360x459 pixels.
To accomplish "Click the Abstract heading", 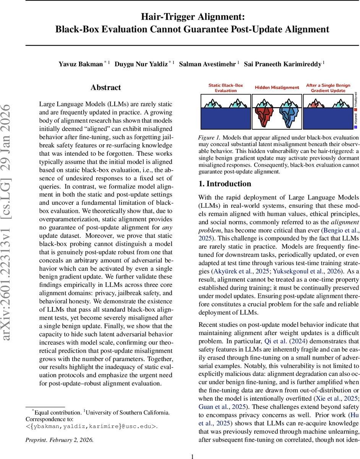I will (x=106, y=88).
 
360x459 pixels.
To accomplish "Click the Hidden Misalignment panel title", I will (x=277, y=88).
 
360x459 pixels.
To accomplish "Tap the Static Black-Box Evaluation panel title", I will (x=225, y=88).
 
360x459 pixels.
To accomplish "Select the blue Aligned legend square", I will (x=356, y=127).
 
